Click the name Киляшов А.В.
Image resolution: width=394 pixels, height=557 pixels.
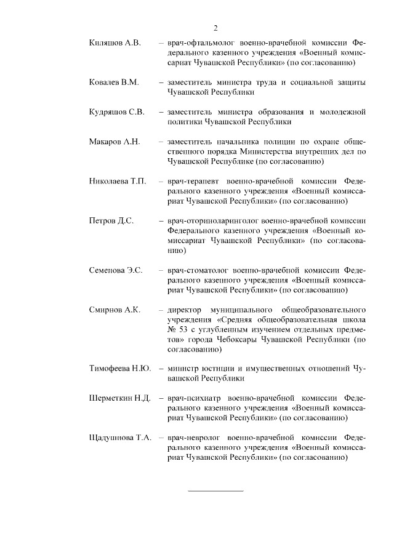pos(115,43)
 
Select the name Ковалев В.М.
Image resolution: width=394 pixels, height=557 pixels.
pos(115,82)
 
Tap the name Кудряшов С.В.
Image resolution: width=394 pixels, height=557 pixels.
pos(117,111)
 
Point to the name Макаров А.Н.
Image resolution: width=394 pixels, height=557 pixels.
pos(115,142)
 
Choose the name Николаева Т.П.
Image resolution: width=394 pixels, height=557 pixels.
pos(118,181)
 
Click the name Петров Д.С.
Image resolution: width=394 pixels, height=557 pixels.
pos(111,220)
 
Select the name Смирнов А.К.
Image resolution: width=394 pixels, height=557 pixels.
pos(115,309)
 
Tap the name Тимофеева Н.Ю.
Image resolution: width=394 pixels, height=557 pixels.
pos(120,369)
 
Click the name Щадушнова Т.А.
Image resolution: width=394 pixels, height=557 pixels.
pos(121,438)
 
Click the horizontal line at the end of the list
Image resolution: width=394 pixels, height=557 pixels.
pos(215,491)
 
